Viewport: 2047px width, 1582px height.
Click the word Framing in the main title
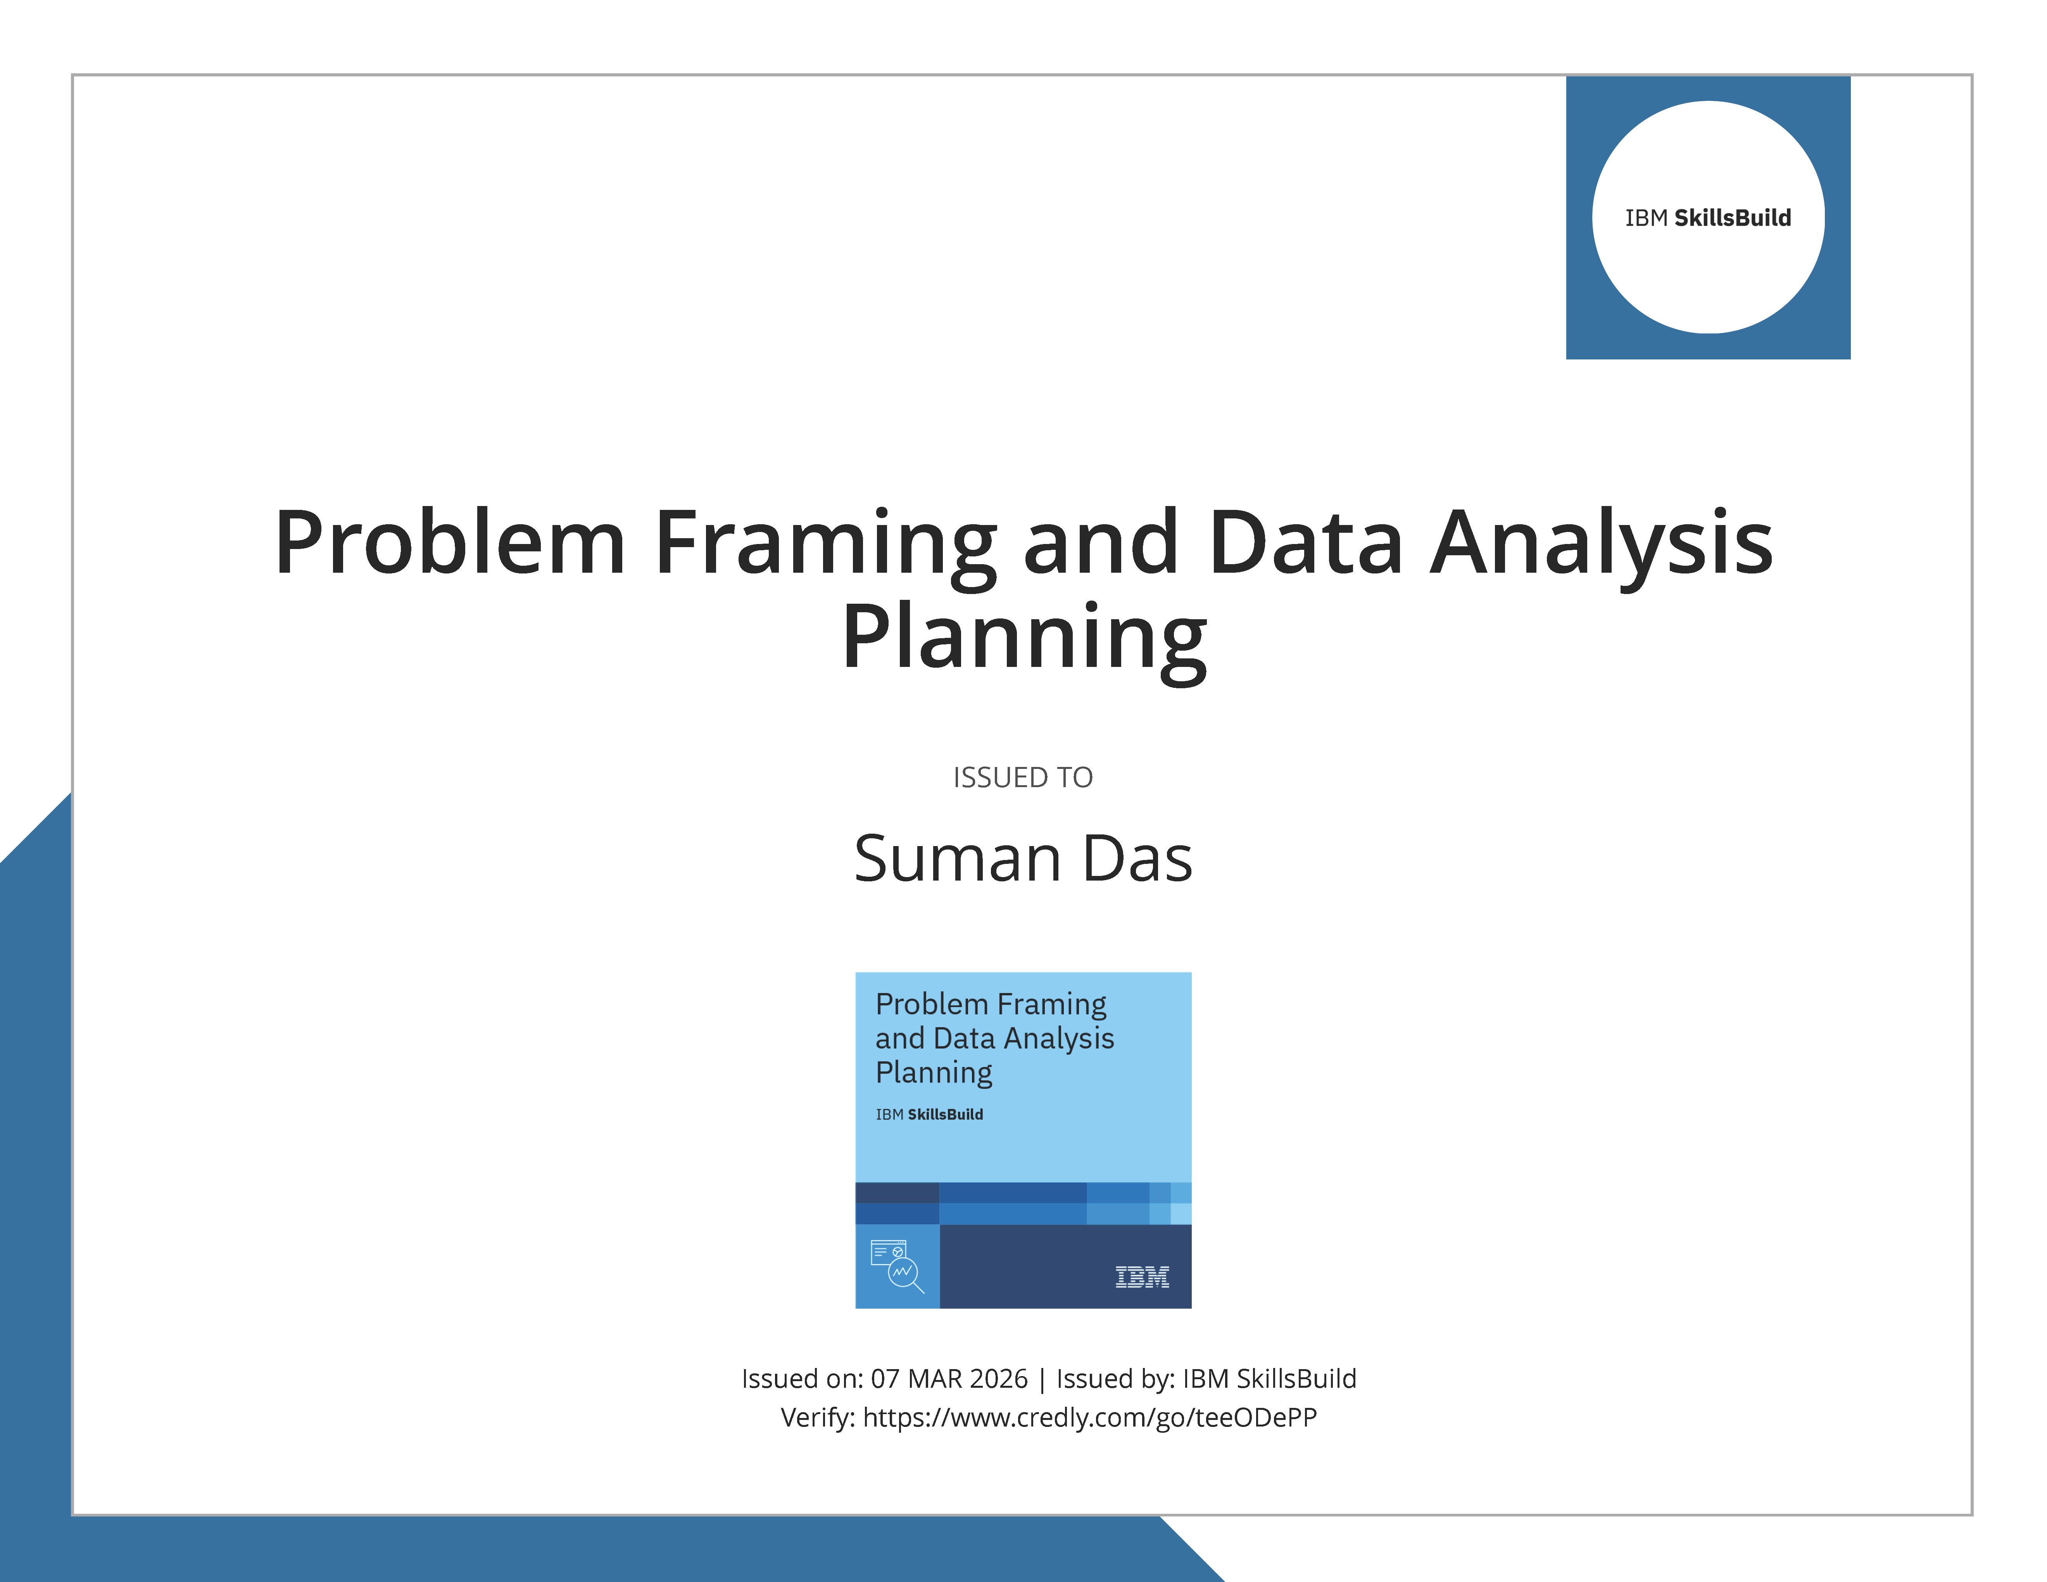pyautogui.click(x=825, y=544)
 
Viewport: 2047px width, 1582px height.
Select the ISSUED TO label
pyautogui.click(x=1023, y=777)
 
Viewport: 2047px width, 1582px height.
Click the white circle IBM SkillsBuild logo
pyautogui.click(x=1708, y=218)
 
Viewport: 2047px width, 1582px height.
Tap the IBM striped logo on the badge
pyautogui.click(x=1142, y=1276)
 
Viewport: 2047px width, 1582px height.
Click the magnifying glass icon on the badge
pyautogui.click(x=903, y=1273)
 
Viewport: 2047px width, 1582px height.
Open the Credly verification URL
pyautogui.click(x=1089, y=1417)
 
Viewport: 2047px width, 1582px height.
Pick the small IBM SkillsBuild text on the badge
pyautogui.click(x=929, y=1114)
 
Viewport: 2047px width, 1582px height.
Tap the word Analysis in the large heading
pyautogui.click(x=1601, y=544)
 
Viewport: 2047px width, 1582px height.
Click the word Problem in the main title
pyautogui.click(x=450, y=544)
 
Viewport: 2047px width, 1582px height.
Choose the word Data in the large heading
pyautogui.click(x=1306, y=544)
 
